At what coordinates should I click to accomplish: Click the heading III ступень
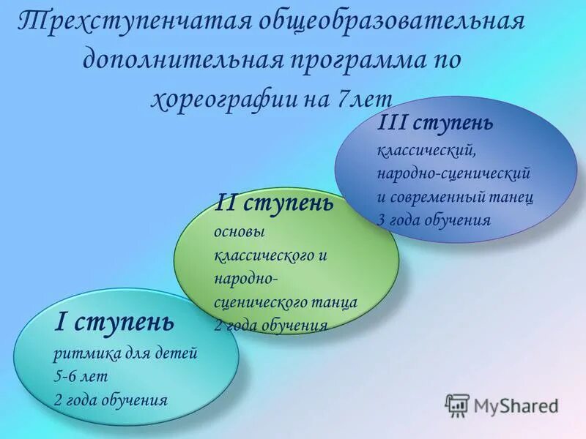(435, 123)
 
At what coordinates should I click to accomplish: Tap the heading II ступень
(275, 203)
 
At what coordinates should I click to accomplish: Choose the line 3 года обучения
(434, 219)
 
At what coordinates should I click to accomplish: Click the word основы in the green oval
(237, 232)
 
